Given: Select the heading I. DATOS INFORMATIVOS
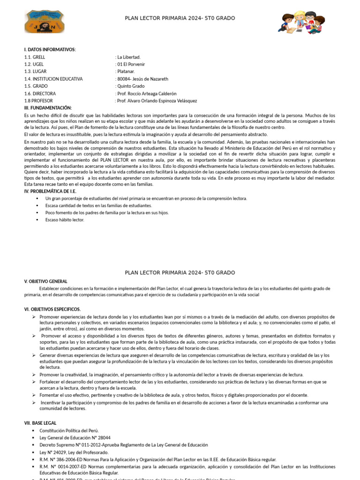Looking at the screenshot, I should (50, 50).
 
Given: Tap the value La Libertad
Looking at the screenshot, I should (128, 57).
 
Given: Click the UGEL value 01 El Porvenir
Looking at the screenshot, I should (131, 64).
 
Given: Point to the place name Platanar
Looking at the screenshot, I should (126, 72).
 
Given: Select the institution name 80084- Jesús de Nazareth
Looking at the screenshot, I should (142, 79).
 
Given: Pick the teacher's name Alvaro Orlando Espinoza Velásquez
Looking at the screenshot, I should (157, 101).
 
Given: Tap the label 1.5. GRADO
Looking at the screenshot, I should (36, 86).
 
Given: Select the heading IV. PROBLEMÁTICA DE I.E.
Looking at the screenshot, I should (50, 191).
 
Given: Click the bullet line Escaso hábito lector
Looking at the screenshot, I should (65, 220).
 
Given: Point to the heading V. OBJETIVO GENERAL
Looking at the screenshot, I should (46, 281).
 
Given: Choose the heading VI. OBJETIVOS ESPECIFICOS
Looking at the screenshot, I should (52, 309).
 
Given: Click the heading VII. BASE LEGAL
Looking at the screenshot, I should (40, 423).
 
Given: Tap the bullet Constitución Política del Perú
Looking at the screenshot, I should (69, 430).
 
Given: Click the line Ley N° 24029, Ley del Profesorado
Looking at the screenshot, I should (74, 452).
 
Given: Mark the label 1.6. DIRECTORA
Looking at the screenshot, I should (40, 93).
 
